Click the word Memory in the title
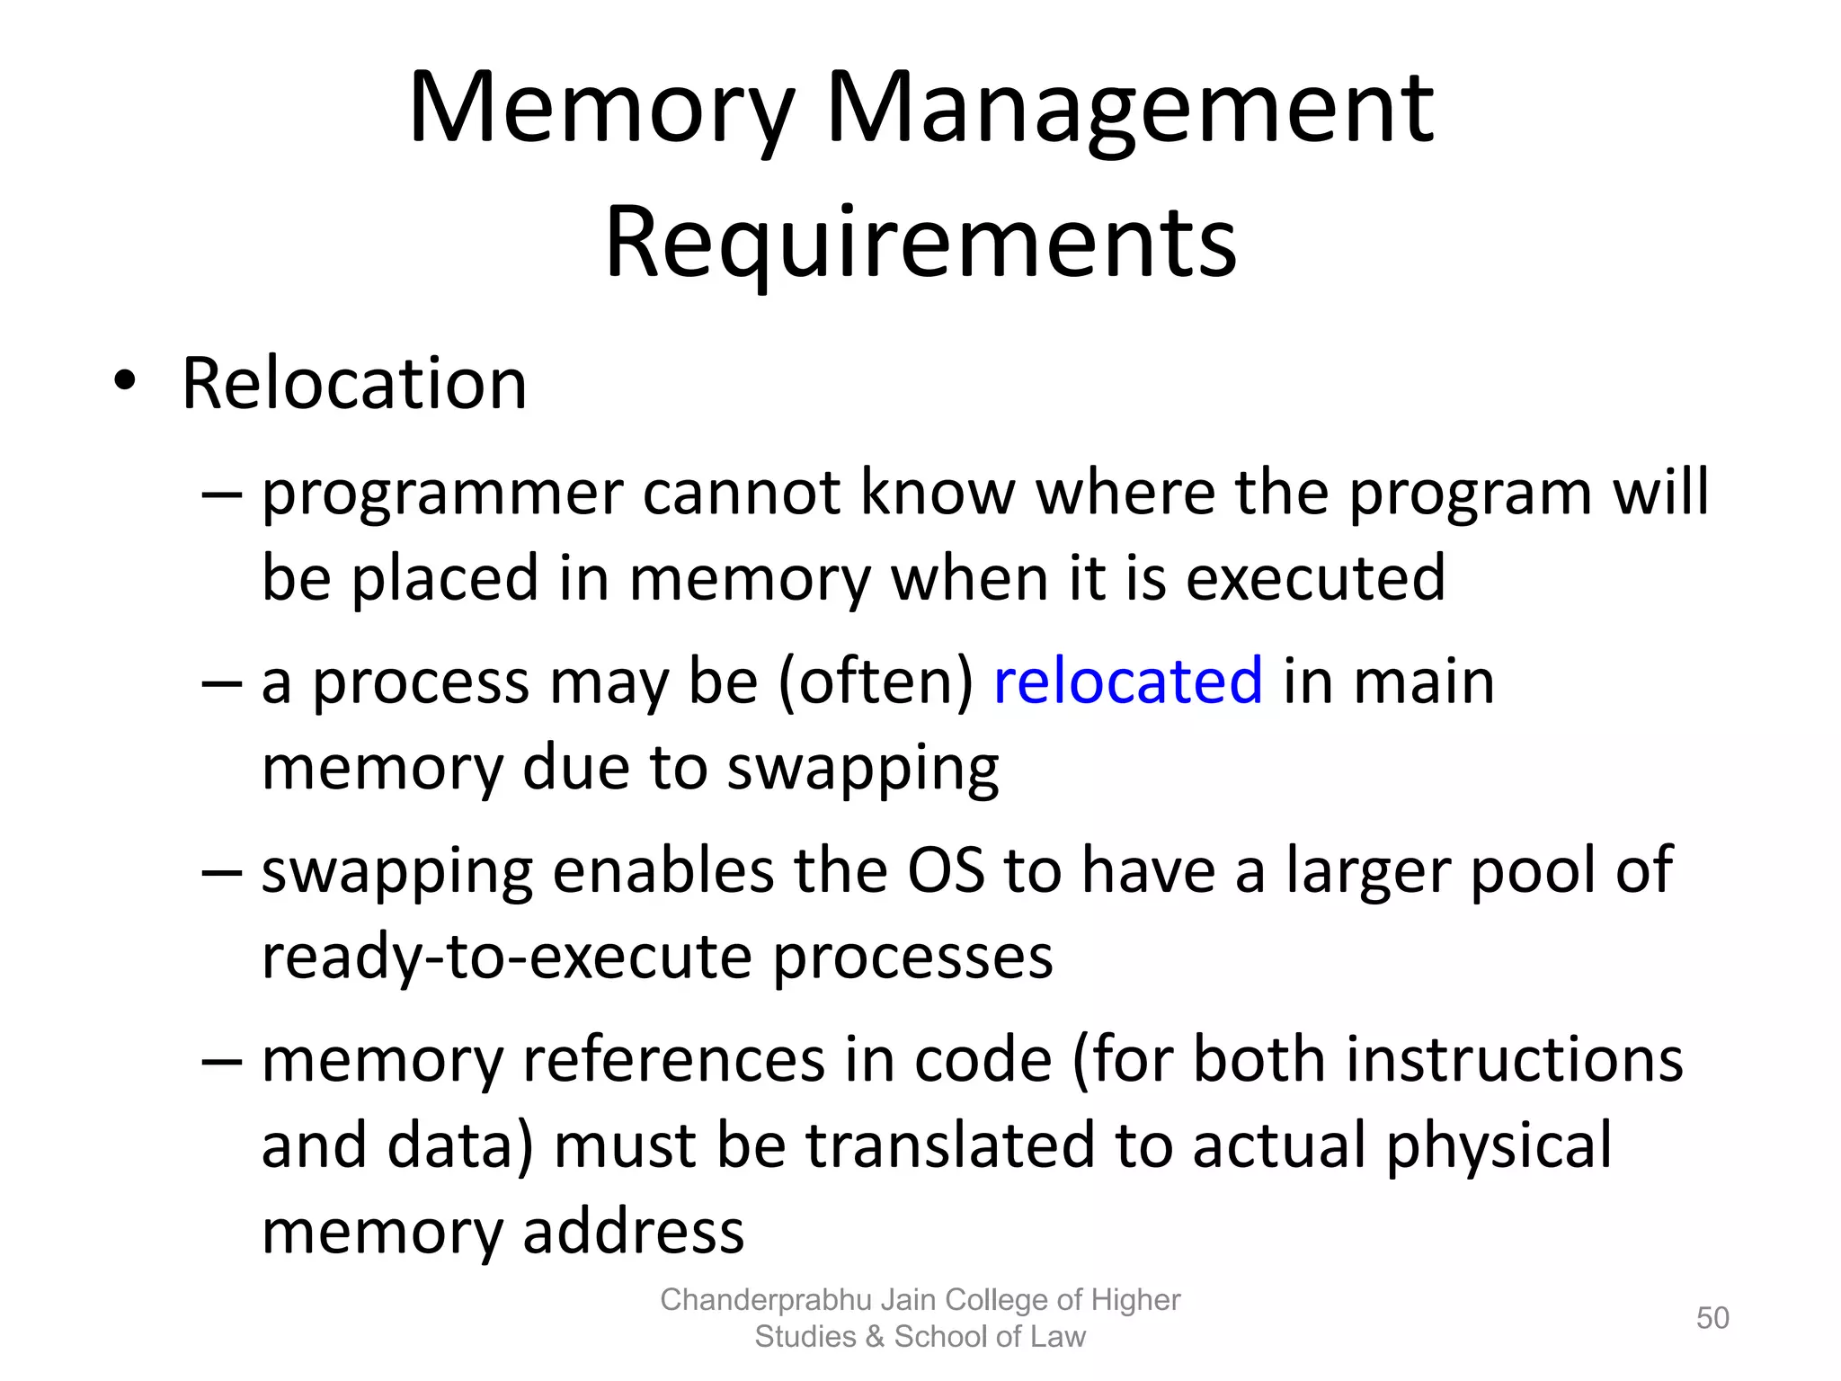pos(601,110)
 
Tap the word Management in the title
pos(1129,110)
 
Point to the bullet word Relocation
pos(354,384)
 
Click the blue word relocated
pos(1127,681)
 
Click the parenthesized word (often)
pos(876,682)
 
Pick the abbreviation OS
pos(946,870)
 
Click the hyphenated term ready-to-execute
pos(506,956)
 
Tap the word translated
pos(949,1145)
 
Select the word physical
pos(1499,1146)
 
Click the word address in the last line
pos(633,1230)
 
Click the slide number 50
pos(1712,1318)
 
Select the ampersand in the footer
pos(875,1337)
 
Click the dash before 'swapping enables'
pos(222,870)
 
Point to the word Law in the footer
pos(1059,1337)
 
